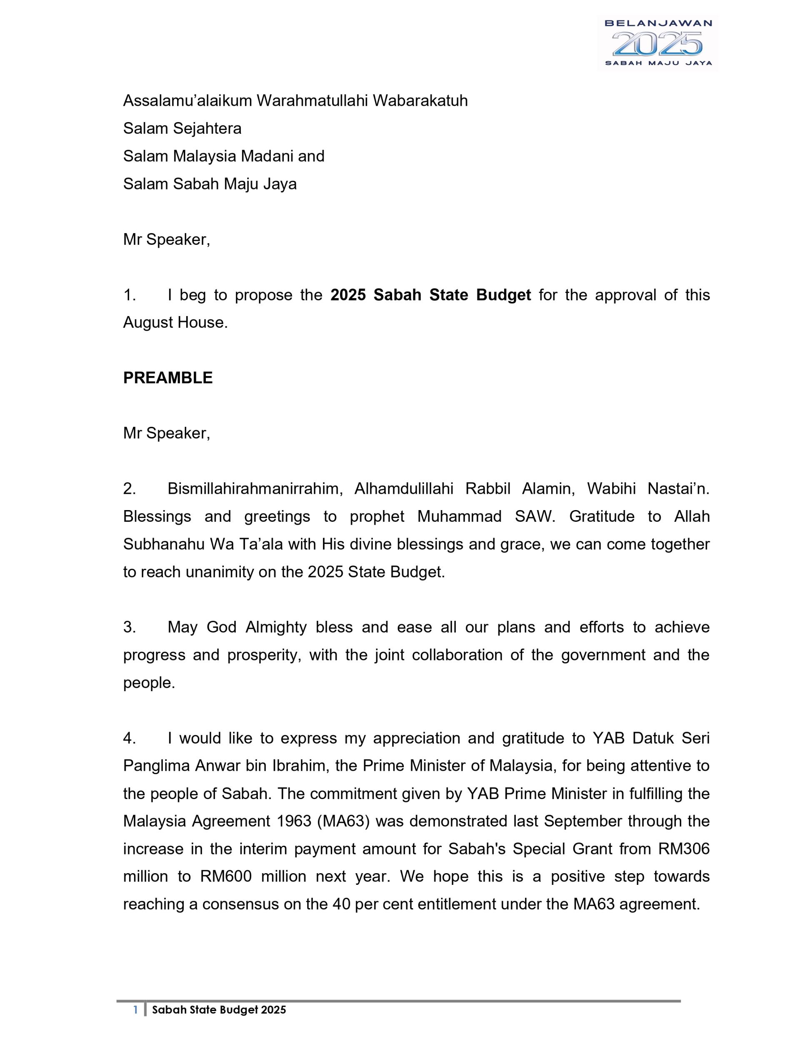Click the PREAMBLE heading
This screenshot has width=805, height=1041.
[168, 378]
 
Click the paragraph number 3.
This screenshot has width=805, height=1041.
[129, 627]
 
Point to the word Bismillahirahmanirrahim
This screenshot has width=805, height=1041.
[255, 488]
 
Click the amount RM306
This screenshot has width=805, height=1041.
[684, 849]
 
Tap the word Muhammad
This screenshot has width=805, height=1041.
[459, 516]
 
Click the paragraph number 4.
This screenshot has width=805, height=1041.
[129, 738]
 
